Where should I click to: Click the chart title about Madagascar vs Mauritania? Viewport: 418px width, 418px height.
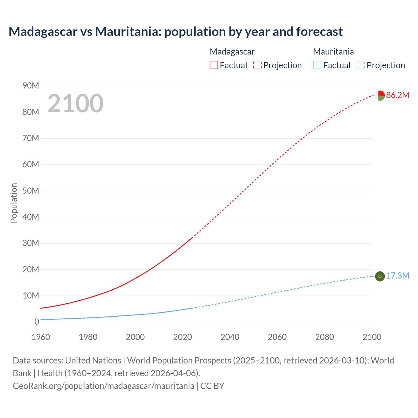click(x=176, y=32)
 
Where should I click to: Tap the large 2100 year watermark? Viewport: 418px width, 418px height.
click(x=75, y=104)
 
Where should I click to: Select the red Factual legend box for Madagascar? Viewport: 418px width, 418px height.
click(x=214, y=65)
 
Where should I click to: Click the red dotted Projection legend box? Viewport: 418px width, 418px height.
click(x=257, y=65)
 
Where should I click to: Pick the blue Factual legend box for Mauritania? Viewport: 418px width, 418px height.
click(x=317, y=65)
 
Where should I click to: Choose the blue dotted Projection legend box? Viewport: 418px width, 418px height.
click(x=361, y=65)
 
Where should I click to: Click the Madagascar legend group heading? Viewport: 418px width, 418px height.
click(x=232, y=52)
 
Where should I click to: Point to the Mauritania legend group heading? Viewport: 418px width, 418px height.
click(x=333, y=52)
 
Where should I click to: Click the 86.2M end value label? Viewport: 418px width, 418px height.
click(x=397, y=95)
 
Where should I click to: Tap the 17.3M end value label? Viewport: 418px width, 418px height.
click(x=397, y=276)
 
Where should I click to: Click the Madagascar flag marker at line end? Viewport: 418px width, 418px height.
click(x=380, y=96)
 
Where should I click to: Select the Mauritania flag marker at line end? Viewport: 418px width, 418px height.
click(x=380, y=276)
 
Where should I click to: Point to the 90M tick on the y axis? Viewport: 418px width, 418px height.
click(x=31, y=86)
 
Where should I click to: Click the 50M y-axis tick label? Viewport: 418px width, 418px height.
click(x=31, y=191)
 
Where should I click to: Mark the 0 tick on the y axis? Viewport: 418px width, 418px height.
click(x=37, y=322)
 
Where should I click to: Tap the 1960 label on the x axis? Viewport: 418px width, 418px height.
click(x=41, y=337)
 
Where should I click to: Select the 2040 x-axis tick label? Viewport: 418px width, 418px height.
click(x=230, y=337)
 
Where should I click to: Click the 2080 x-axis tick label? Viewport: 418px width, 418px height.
click(x=325, y=337)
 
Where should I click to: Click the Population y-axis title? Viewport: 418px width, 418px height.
click(x=14, y=203)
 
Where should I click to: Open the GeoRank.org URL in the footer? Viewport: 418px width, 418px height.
click(x=104, y=386)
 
